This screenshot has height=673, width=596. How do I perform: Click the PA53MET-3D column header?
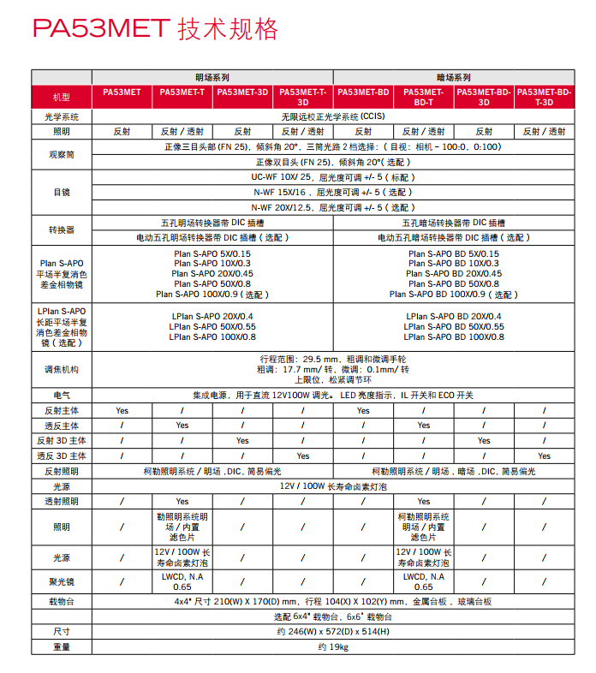[242, 92]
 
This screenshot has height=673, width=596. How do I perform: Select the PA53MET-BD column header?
[363, 92]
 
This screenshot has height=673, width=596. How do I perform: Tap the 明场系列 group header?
[212, 77]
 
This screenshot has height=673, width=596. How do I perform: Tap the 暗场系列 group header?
[453, 77]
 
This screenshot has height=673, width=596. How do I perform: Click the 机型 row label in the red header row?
[61, 97]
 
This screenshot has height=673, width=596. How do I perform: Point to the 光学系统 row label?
[61, 116]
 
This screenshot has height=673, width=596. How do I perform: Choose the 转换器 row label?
[61, 229]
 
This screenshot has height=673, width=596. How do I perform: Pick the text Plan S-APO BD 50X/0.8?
[453, 283]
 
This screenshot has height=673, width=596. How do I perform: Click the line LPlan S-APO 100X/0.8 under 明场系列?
[212, 337]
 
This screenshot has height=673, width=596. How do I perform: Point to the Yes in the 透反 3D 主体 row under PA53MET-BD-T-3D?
[544, 456]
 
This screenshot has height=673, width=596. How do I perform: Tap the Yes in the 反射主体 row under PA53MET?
[122, 411]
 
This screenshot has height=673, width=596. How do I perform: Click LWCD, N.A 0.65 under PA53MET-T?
[182, 582]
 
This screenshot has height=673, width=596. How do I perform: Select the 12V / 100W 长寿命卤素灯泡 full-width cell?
[332, 485]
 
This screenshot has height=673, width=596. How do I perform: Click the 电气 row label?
[61, 396]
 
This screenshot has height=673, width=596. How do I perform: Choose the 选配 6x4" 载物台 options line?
[332, 616]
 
